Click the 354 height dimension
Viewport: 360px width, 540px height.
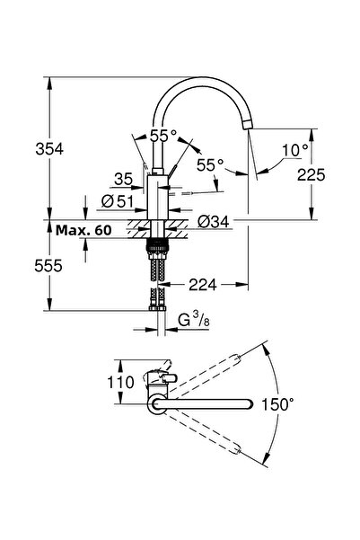49,149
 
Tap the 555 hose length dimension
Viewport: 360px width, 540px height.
48,266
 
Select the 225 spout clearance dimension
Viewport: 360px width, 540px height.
312,175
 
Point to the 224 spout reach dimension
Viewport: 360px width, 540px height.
203,285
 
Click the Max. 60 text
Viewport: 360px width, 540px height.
83,230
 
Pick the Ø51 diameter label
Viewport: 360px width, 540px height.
118,200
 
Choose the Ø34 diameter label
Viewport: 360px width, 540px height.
214,221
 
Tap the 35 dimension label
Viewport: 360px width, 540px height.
124,179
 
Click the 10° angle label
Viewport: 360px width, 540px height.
295,150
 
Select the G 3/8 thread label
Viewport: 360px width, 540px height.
194,320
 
